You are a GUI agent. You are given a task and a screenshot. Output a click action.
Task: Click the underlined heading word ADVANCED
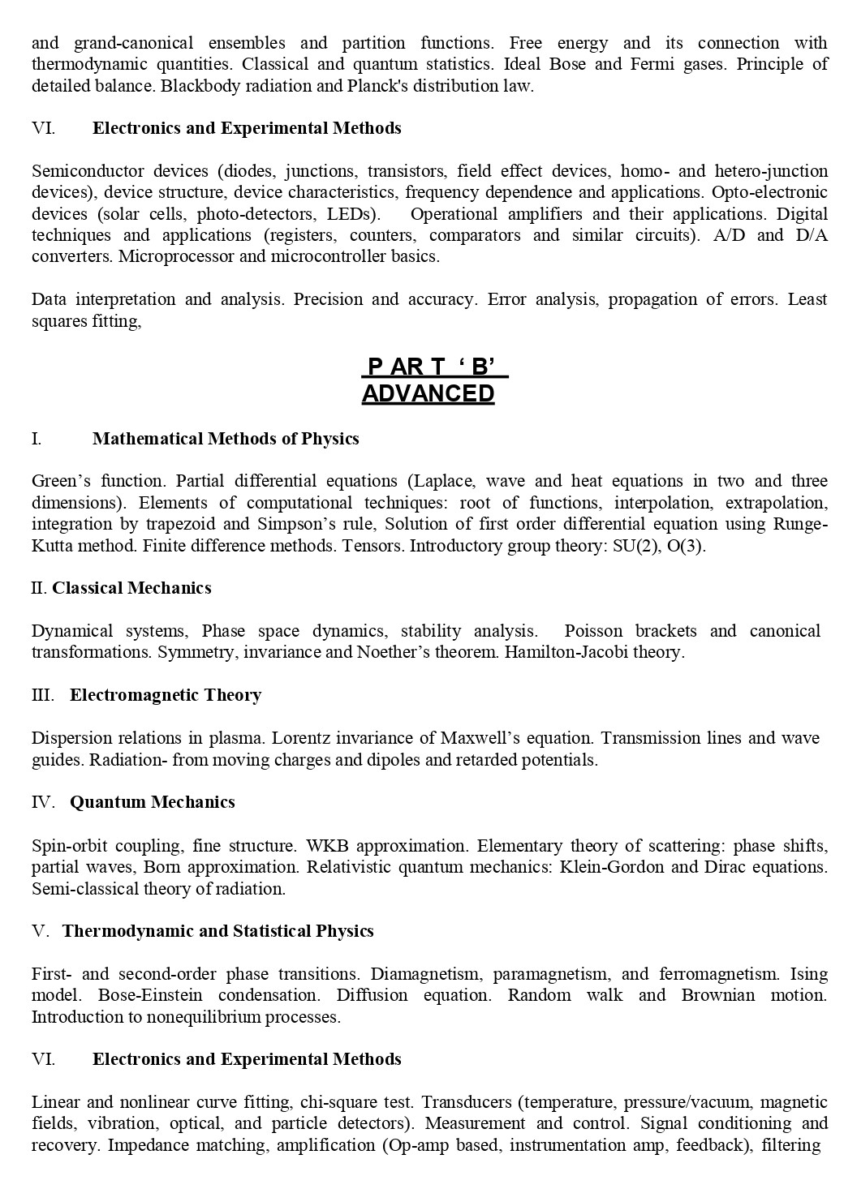(x=428, y=393)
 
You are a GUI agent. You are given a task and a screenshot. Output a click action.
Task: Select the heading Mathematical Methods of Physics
(x=226, y=439)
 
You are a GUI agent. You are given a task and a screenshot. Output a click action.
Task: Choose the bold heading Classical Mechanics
(x=131, y=588)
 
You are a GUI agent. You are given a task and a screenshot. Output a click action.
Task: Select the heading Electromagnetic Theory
(x=166, y=695)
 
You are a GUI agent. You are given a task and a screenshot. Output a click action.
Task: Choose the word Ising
(x=808, y=974)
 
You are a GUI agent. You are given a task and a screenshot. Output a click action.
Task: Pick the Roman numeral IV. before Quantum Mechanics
(x=43, y=802)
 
